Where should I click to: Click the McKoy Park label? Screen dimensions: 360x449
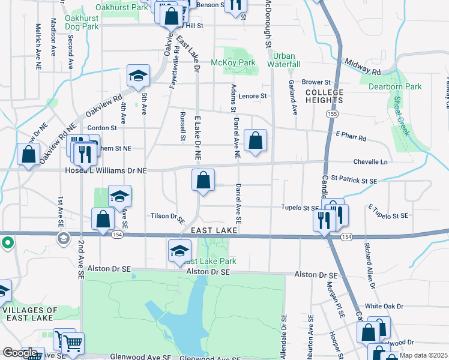pyautogui.click(x=233, y=62)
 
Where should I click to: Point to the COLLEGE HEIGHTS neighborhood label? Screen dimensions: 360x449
pyautogui.click(x=324, y=97)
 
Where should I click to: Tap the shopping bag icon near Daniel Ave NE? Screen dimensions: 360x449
pyautogui.click(x=256, y=141)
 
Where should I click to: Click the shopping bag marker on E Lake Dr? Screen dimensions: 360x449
pyautogui.click(x=203, y=180)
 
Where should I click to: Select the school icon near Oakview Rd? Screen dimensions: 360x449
pyautogui.click(x=138, y=76)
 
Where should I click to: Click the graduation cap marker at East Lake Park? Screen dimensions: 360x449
pyautogui.click(x=179, y=251)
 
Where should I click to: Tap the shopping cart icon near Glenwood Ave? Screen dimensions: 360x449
pyautogui.click(x=73, y=344)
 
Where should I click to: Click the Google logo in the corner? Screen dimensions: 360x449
pyautogui.click(x=20, y=353)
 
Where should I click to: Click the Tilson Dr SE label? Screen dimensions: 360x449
pyautogui.click(x=167, y=217)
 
